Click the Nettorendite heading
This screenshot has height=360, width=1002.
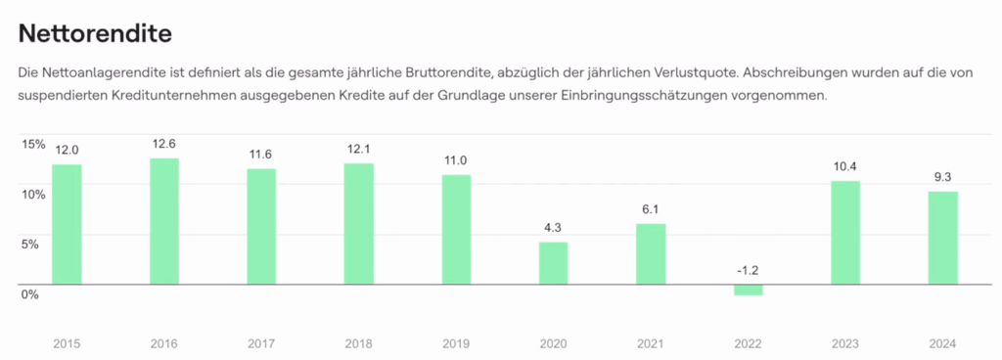95,34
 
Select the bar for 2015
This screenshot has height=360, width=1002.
67,224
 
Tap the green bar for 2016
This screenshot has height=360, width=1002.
164,221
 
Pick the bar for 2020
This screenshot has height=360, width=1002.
553,263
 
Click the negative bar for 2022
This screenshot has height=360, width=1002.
749,290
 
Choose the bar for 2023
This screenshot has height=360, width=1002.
845,233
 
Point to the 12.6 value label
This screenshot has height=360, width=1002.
164,144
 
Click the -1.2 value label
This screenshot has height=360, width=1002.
749,270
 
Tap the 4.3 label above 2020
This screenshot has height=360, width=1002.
553,228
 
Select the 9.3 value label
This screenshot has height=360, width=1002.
943,177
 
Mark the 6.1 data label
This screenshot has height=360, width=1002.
651,210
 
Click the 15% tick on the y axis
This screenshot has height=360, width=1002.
33,145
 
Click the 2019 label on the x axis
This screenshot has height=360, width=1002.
456,343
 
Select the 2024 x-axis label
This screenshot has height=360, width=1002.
943,343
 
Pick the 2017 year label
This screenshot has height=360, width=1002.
261,343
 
